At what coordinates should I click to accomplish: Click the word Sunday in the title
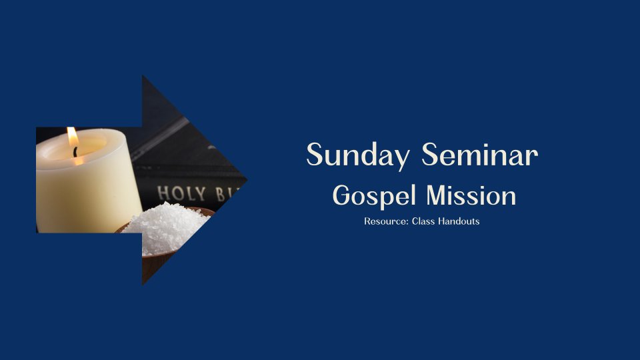[x=358, y=155]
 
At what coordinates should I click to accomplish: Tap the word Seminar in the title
[x=479, y=154]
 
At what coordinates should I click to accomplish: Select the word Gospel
[x=374, y=196]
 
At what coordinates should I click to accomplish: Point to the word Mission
[x=471, y=195]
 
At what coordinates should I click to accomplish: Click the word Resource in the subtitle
[x=386, y=221]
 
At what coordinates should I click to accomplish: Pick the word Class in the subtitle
[x=423, y=221]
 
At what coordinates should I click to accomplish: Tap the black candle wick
[x=75, y=152]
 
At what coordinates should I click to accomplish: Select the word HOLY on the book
[x=181, y=193]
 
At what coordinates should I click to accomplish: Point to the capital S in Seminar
[x=431, y=154]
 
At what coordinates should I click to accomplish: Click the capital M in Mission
[x=438, y=195]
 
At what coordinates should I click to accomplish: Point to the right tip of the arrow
[x=247, y=179]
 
